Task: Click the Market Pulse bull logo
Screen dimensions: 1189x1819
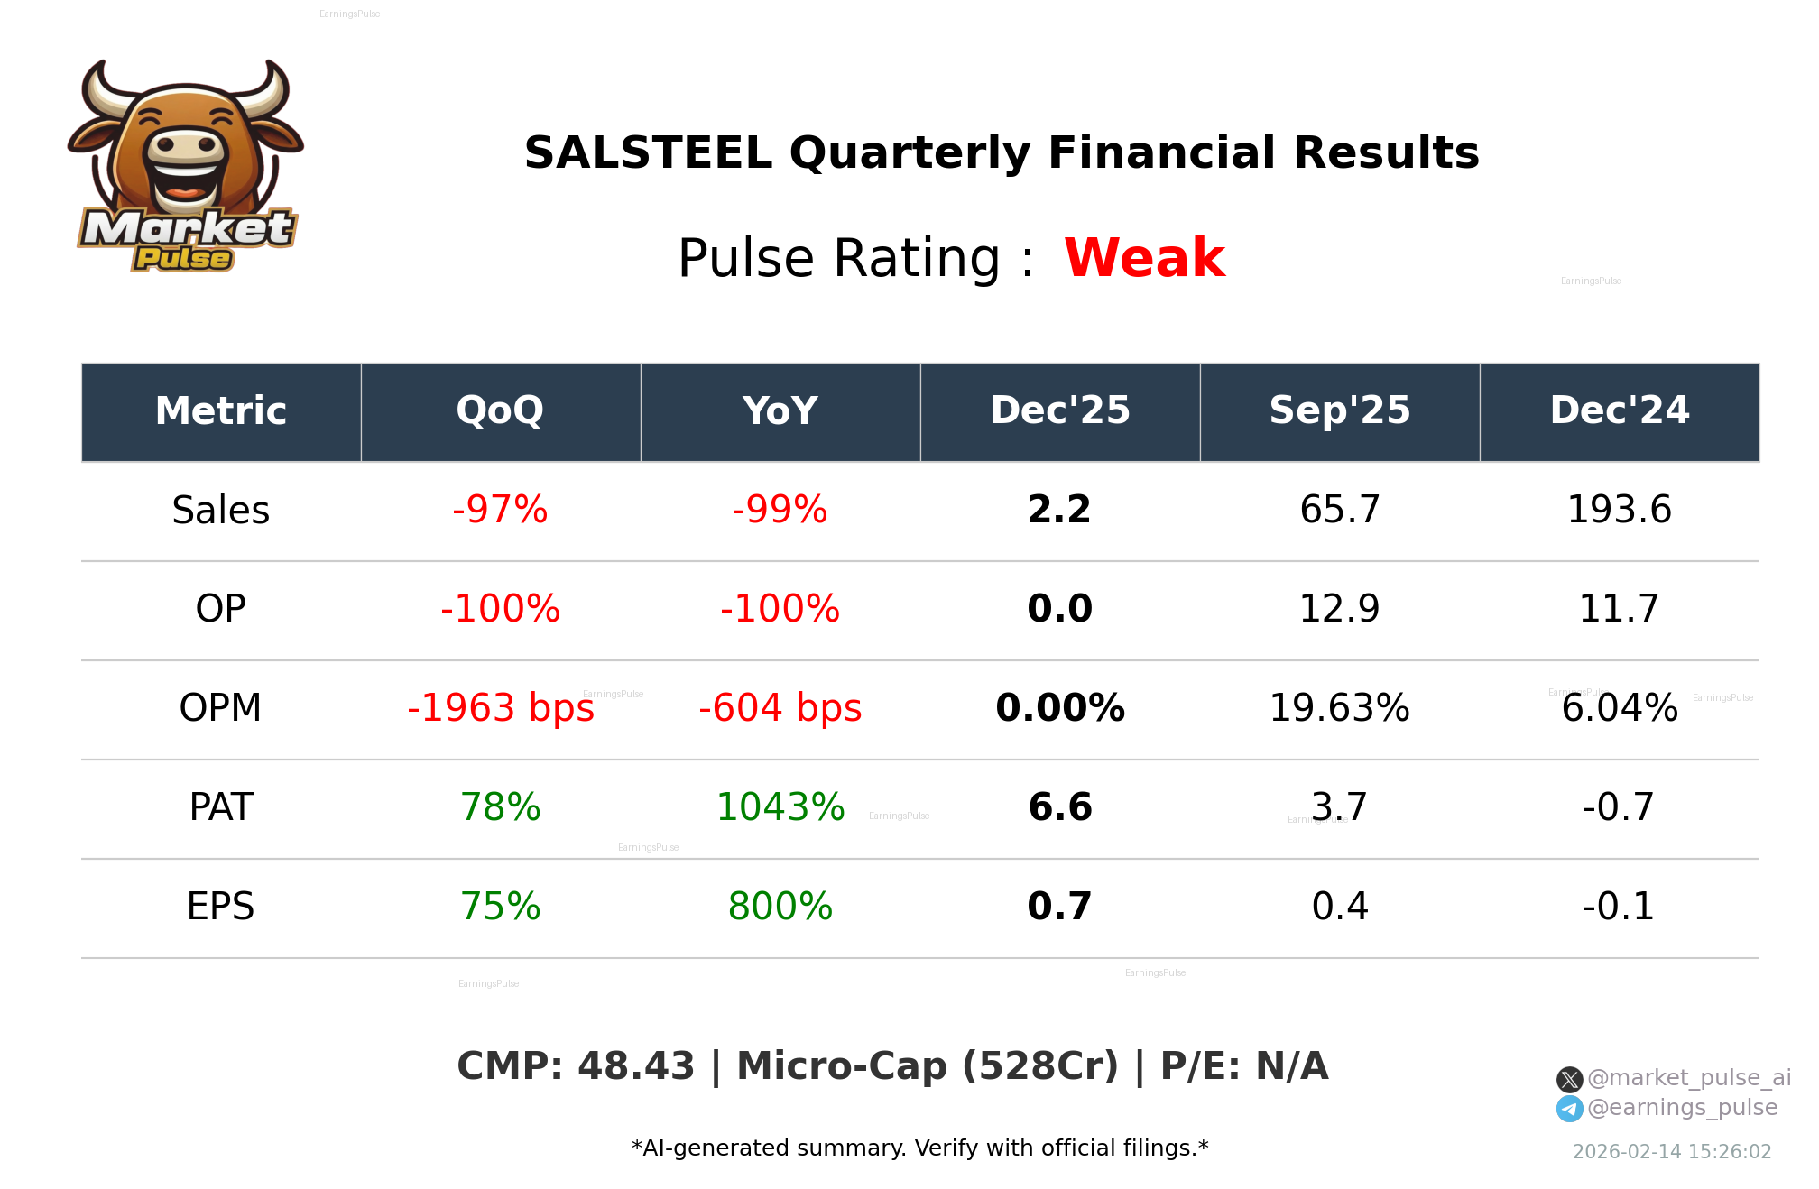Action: tap(186, 167)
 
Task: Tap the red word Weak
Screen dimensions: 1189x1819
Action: tap(1144, 258)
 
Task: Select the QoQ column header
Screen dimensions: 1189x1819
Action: tap(500, 411)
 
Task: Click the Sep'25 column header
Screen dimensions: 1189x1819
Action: tap(1339, 411)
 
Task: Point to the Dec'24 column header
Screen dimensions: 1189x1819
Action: tap(1619, 411)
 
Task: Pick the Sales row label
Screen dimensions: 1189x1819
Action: tap(221, 511)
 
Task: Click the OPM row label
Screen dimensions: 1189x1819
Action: tap(221, 708)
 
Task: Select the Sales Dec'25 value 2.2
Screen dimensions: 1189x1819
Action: tap(1059, 511)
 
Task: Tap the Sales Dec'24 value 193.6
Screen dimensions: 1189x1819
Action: tap(1619, 511)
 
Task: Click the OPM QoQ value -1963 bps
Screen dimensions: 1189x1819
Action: tap(501, 708)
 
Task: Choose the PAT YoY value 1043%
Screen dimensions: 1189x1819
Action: tap(780, 807)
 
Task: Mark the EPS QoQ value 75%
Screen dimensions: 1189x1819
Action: tap(501, 907)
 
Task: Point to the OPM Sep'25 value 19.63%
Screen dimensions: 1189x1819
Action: tap(1339, 708)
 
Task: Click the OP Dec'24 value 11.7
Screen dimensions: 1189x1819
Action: tap(1619, 609)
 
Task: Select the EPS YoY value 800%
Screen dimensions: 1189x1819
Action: tap(780, 907)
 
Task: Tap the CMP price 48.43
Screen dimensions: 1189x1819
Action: tap(636, 1066)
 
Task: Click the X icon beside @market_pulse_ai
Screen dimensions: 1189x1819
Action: tap(1569, 1079)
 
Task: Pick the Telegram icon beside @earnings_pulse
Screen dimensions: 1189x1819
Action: tap(1569, 1109)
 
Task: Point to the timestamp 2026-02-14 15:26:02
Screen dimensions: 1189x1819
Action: tap(1672, 1152)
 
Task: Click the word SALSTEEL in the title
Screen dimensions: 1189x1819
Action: tap(648, 153)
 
